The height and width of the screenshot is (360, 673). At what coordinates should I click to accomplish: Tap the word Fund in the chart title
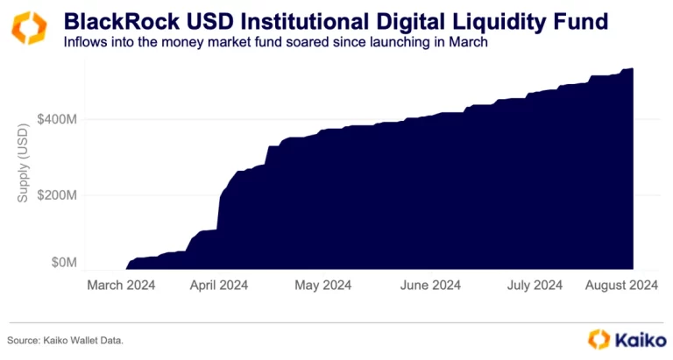click(583, 18)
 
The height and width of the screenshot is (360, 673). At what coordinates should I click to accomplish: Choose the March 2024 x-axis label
click(123, 285)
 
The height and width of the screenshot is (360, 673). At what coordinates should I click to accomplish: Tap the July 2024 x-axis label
click(534, 285)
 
